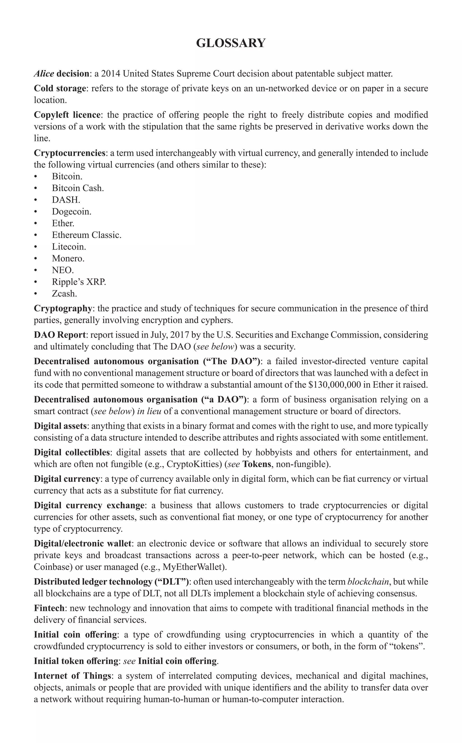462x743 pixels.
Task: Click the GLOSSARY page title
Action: (231, 43)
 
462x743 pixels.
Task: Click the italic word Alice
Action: (44, 74)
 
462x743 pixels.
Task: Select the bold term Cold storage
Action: (60, 88)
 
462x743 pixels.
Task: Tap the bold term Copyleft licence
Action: (67, 115)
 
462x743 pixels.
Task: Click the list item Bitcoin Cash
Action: (78, 188)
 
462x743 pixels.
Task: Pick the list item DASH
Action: (66, 200)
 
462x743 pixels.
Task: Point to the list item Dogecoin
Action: (72, 211)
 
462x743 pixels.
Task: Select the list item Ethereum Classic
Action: (86, 235)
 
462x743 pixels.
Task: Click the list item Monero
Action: (68, 259)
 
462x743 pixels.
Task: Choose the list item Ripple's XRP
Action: (79, 282)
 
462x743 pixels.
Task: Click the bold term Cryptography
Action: (63, 308)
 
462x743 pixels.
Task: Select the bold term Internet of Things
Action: (72, 676)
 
